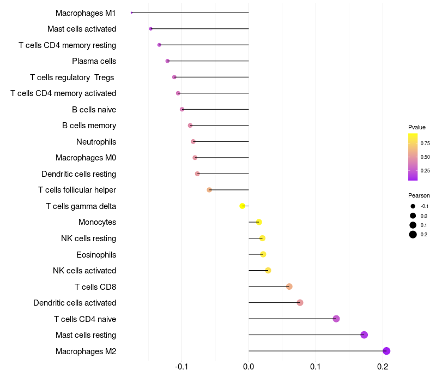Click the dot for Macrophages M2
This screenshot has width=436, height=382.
pos(386,351)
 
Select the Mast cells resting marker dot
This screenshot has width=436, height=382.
pos(364,335)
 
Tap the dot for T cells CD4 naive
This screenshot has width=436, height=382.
pos(336,319)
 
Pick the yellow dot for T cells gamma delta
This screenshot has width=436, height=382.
pos(243,206)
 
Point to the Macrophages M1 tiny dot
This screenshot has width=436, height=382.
pos(132,13)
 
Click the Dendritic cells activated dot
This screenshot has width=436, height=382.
pos(300,303)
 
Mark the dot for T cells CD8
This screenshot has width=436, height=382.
pos(289,286)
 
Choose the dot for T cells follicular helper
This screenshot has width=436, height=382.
pos(209,190)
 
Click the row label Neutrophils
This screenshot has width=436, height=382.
pos(96,142)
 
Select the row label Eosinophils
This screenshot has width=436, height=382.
pos(96,254)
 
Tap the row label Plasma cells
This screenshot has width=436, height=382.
pos(94,61)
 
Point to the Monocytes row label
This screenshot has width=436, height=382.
pos(97,222)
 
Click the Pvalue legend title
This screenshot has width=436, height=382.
pos(417,127)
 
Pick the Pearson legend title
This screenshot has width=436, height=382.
pos(419,195)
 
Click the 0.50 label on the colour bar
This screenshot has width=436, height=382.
pos(425,157)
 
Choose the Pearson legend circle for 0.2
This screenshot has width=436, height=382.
pos(413,235)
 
